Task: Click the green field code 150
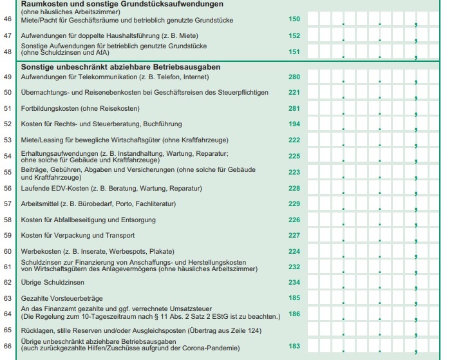294,19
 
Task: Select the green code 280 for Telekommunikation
294,77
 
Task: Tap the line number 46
8,19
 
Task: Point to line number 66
8,346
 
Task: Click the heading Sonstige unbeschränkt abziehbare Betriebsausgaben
121,67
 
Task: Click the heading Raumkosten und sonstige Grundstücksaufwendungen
117,4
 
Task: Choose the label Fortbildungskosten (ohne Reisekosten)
80,108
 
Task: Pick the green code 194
294,124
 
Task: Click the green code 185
294,298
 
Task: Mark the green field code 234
294,282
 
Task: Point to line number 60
8,251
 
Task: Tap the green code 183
294,346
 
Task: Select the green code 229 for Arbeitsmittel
294,204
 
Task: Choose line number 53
8,140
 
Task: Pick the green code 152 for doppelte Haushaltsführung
294,35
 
